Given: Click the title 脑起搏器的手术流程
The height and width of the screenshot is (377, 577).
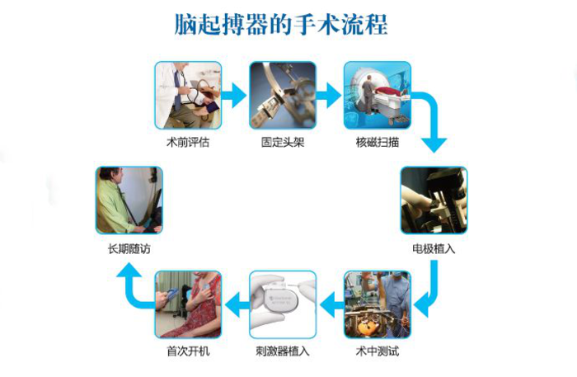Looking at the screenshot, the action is pyautogui.click(x=281, y=24).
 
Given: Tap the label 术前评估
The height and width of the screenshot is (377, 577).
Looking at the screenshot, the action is pyautogui.click(x=188, y=142).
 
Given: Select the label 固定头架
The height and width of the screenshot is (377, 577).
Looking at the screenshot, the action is pyautogui.click(x=283, y=142).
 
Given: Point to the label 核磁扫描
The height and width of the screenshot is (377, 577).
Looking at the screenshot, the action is pyautogui.click(x=378, y=142).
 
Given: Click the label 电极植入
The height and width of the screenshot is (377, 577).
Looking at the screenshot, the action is pyautogui.click(x=434, y=249).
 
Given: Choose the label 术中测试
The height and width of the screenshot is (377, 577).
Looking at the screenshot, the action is pyautogui.click(x=378, y=351).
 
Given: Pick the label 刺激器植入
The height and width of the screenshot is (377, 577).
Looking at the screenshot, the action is pyautogui.click(x=283, y=351).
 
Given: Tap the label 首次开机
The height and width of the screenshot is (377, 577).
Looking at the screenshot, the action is pyautogui.click(x=188, y=351).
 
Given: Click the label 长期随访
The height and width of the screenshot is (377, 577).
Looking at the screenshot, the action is pyautogui.click(x=129, y=249).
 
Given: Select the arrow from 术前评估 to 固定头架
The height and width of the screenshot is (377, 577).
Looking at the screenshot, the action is pyautogui.click(x=234, y=96).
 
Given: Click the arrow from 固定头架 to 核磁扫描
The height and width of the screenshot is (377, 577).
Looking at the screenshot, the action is pyautogui.click(x=329, y=96).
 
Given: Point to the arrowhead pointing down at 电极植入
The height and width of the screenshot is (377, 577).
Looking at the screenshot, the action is pyautogui.click(x=434, y=145).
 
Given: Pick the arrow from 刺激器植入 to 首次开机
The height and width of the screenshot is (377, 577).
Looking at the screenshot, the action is pyautogui.click(x=237, y=304).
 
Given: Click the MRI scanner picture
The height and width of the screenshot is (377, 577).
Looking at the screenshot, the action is pyautogui.click(x=378, y=96).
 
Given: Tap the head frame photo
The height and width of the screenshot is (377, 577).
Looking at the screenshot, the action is pyautogui.click(x=283, y=96).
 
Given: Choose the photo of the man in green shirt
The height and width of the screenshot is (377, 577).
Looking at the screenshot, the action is pyautogui.click(x=129, y=200).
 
